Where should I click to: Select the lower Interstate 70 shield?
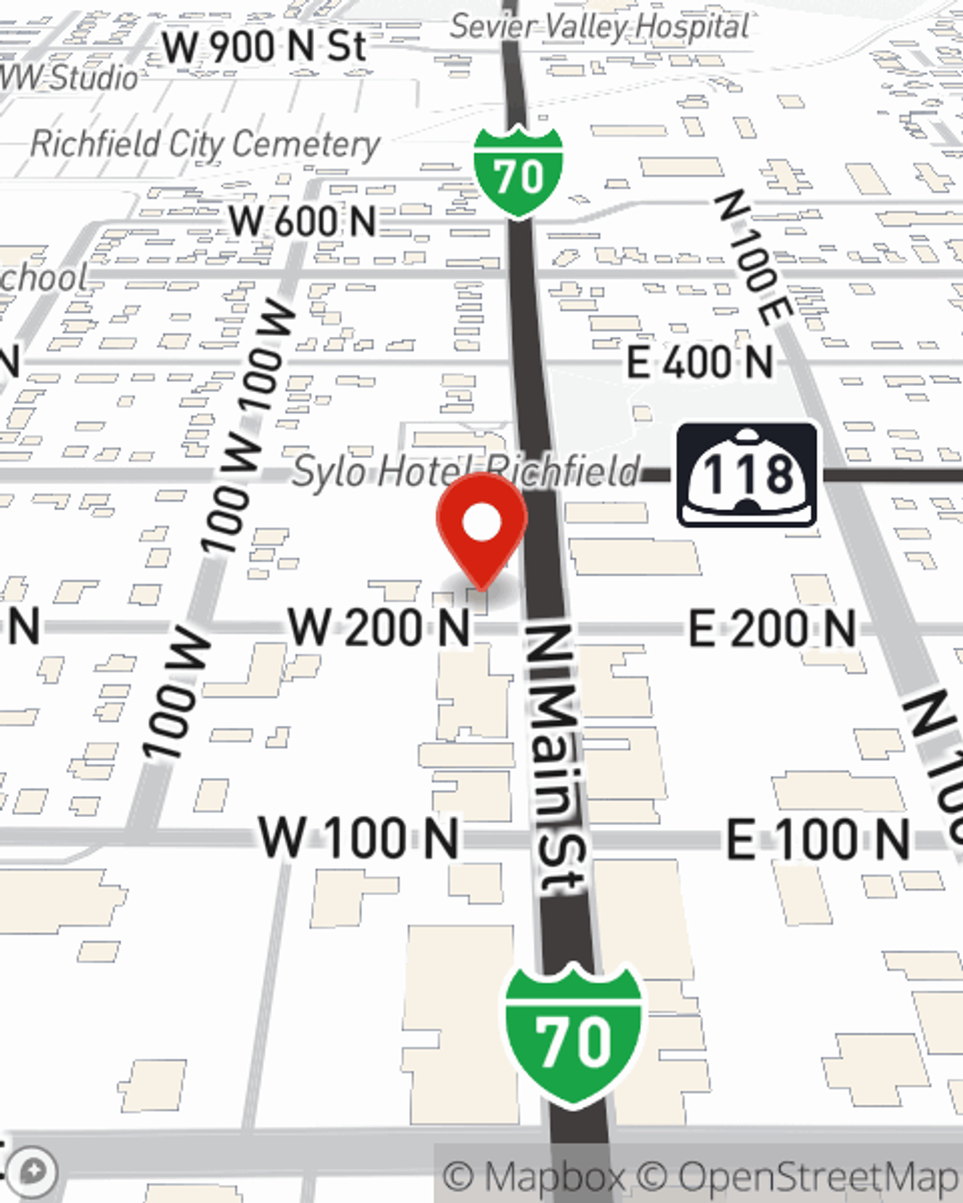coord(574,1036)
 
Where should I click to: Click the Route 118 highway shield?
coord(747,474)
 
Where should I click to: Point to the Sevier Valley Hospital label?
coord(599,26)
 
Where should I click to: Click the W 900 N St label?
coord(264,46)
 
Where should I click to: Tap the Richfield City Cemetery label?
coord(205,144)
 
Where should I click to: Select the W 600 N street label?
coord(302,221)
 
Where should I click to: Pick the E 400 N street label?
coord(700,363)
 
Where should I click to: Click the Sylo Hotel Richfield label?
coord(466,472)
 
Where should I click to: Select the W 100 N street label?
coord(359,837)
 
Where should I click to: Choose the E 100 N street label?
coord(818,839)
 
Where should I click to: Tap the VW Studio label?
coord(69,77)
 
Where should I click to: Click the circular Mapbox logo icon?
coord(35,1172)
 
